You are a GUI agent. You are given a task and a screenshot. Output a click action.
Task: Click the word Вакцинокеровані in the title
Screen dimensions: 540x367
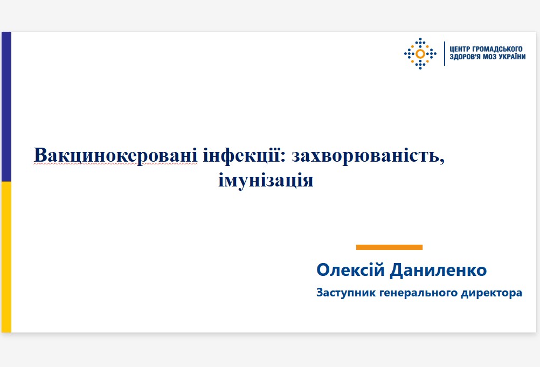[x=116, y=155]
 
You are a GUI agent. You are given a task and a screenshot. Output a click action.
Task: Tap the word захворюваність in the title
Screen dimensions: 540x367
[x=368, y=155]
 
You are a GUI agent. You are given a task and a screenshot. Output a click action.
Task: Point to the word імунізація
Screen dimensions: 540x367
[x=266, y=179]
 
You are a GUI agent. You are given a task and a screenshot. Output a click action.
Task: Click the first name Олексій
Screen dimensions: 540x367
[x=350, y=270]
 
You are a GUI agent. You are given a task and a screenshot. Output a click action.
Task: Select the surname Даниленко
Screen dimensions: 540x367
[x=438, y=270]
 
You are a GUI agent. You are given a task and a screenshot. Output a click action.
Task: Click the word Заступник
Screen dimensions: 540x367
[x=346, y=293]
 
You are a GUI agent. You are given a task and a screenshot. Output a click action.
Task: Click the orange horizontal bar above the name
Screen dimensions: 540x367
[x=389, y=247]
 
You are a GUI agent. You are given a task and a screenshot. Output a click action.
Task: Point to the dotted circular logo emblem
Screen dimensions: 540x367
[x=420, y=54]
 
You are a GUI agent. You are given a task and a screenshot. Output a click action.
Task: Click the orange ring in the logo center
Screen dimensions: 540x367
[x=420, y=54]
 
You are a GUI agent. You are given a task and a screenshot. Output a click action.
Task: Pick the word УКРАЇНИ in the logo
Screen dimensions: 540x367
[x=511, y=57]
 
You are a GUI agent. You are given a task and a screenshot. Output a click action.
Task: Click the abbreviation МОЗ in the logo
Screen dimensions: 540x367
[x=489, y=57]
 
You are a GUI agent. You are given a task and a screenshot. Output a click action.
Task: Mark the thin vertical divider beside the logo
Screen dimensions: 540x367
[x=444, y=53]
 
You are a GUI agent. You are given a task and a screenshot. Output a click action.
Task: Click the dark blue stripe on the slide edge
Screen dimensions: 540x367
[x=6, y=107]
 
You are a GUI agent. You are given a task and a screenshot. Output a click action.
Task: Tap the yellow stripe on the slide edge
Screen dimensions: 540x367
[x=6, y=257]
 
